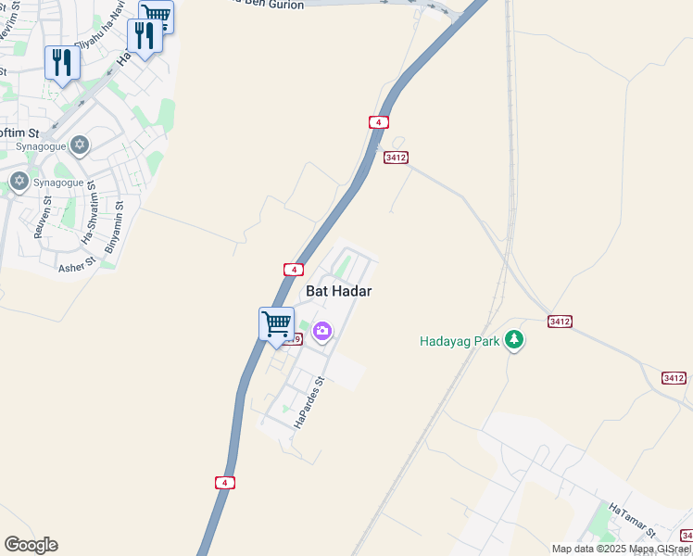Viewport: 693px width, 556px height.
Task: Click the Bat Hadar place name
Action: [x=338, y=290]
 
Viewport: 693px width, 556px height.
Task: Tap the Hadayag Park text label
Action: [x=460, y=341]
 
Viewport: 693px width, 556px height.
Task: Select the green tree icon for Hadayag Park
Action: [x=514, y=341]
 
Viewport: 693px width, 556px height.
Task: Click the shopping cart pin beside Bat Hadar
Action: [x=276, y=325]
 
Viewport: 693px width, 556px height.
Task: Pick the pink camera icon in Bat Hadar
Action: [x=322, y=331]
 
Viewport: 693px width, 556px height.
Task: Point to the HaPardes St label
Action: [x=309, y=402]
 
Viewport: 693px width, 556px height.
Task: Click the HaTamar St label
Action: [x=633, y=521]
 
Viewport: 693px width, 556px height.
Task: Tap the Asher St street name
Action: [x=77, y=267]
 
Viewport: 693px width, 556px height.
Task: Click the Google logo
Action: [x=31, y=545]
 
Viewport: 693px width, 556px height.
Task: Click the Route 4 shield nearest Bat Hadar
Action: [x=293, y=270]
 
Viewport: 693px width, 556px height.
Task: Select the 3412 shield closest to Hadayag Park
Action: [x=560, y=321]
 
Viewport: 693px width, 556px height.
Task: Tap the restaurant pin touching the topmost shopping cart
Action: [x=145, y=37]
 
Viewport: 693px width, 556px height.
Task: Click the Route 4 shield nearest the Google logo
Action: [x=224, y=483]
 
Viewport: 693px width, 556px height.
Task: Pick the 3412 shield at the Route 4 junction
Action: [x=396, y=158]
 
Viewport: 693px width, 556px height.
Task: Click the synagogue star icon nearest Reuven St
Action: [x=19, y=180]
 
